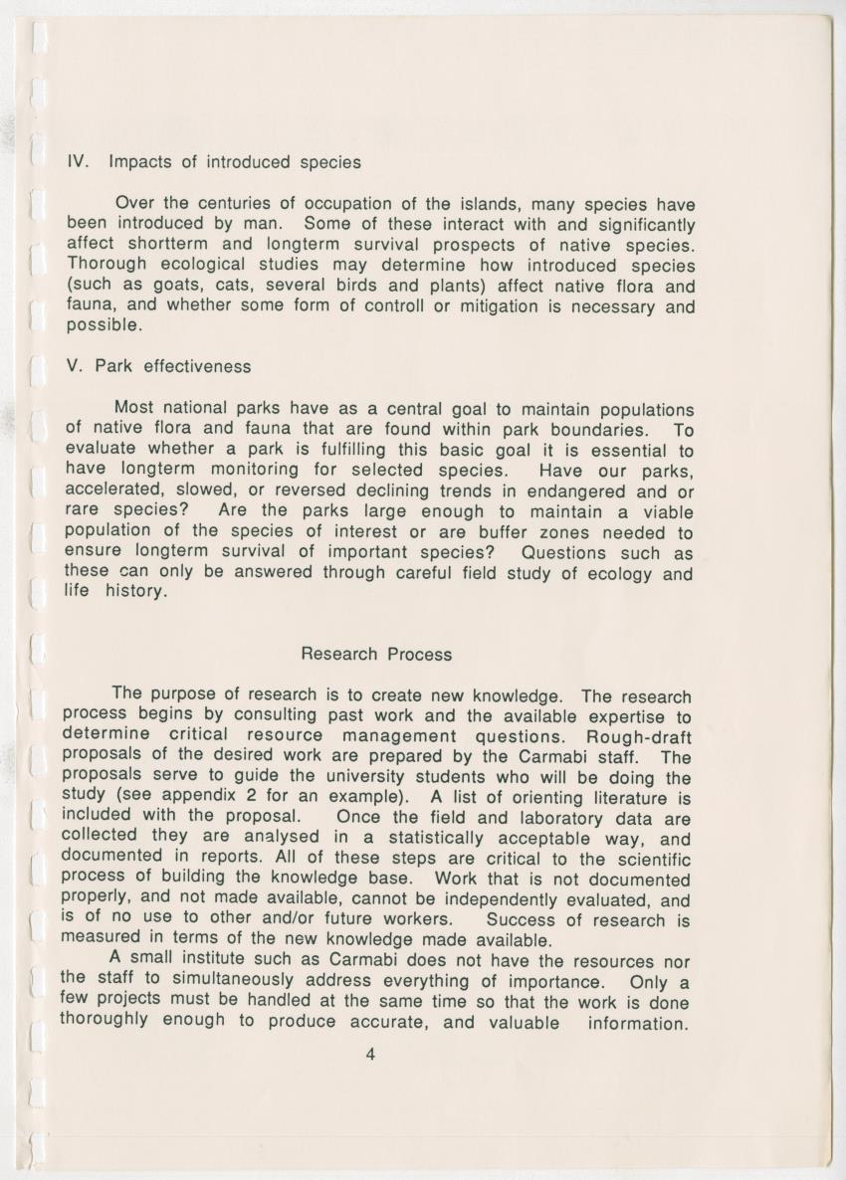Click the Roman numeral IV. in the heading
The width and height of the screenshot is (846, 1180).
(80, 161)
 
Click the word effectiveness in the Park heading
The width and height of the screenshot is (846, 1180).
(197, 366)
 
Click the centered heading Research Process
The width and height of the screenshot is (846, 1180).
(375, 655)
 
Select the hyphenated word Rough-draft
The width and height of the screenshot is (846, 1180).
(638, 736)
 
